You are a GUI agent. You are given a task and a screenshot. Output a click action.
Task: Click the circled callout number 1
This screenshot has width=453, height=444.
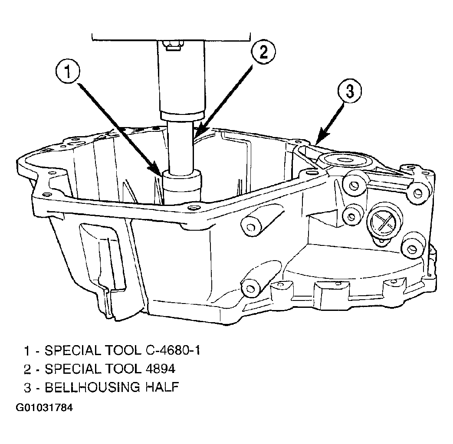click(68, 71)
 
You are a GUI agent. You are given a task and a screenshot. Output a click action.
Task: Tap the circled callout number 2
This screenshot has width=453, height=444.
click(263, 52)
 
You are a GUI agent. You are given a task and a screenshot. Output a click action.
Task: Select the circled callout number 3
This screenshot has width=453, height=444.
click(349, 92)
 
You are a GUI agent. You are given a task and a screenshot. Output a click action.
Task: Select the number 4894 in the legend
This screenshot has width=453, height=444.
click(159, 369)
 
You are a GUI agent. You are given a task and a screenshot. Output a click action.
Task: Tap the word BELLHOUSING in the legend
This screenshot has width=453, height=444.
click(92, 387)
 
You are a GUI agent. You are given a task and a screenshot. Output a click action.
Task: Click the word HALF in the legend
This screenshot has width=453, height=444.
click(162, 387)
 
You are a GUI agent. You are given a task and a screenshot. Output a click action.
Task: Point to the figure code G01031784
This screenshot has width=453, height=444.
click(44, 408)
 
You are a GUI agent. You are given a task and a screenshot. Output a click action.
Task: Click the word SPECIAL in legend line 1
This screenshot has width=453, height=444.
click(73, 350)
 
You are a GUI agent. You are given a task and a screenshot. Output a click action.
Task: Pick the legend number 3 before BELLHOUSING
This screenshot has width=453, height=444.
click(27, 388)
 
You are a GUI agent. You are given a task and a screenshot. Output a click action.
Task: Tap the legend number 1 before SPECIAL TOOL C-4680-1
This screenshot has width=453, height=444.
click(27, 351)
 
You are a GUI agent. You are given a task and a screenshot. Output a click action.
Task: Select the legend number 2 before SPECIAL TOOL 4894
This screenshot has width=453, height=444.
click(27, 369)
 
